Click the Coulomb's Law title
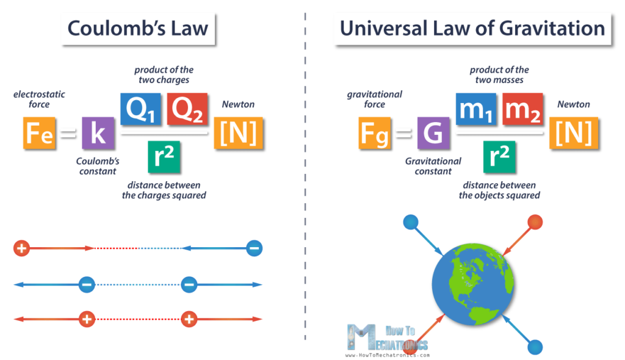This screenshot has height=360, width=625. coord(138,28)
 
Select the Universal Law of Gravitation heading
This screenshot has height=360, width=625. coord(472,28)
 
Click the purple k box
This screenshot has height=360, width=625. coord(98,132)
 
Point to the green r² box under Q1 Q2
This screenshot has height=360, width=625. coord(164,157)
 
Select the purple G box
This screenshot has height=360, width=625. coord(433,132)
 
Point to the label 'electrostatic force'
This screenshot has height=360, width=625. coord(38,99)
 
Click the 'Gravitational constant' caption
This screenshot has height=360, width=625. coord(433,166)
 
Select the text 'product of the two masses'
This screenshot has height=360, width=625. coord(499,74)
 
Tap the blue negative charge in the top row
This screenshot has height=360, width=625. coord(255,248)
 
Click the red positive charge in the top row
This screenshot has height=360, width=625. coord(21,248)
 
